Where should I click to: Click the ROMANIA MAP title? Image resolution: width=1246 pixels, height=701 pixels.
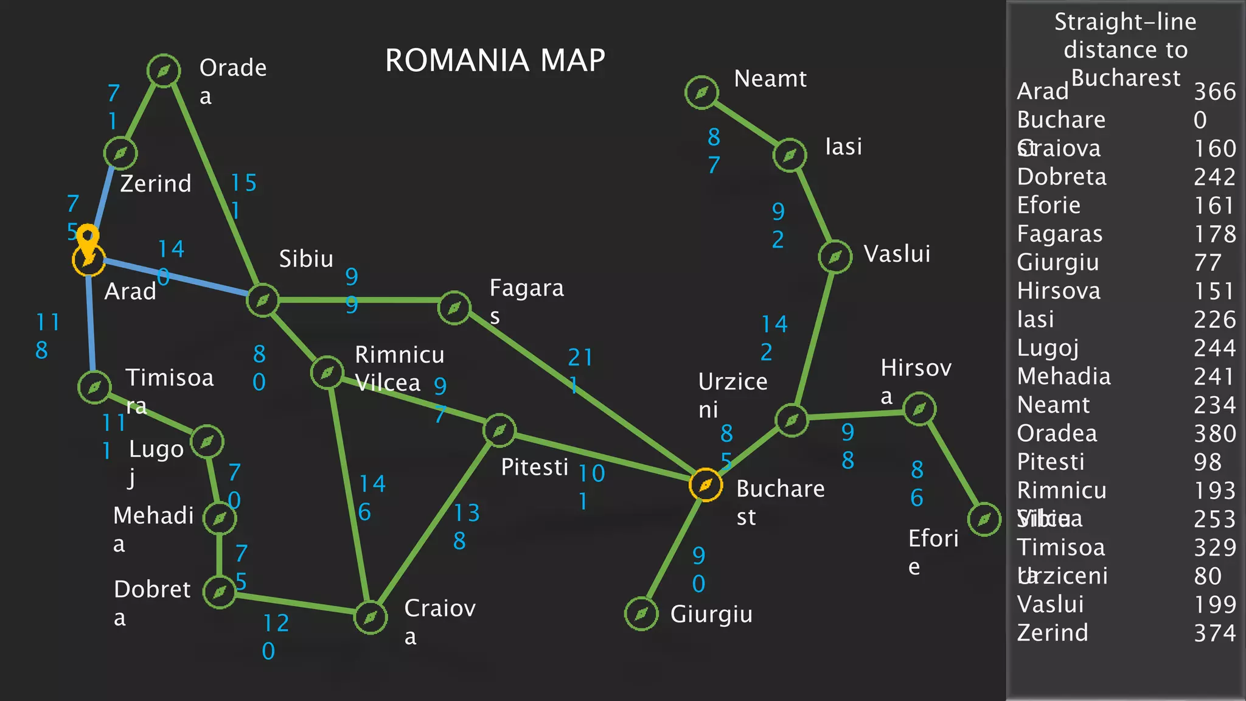click(495, 60)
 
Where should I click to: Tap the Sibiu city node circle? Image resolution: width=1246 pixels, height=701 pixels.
click(263, 300)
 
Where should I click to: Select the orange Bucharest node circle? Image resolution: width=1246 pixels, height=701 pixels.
click(706, 485)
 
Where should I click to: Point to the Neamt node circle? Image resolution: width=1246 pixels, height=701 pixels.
click(701, 92)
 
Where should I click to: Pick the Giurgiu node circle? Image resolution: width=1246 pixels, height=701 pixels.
click(641, 614)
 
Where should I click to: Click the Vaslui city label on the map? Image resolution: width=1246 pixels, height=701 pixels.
click(897, 254)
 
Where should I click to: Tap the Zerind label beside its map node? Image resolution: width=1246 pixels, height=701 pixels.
click(156, 183)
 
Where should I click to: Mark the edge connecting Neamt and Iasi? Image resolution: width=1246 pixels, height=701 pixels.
click(746, 124)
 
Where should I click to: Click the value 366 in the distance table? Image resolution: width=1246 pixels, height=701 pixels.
click(1214, 91)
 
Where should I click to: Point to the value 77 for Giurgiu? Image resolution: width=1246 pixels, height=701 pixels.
click(1207, 262)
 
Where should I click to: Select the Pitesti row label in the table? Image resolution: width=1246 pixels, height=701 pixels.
click(1051, 462)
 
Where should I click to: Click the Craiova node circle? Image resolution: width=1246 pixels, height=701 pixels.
click(371, 618)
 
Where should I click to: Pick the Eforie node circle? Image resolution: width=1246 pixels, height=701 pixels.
click(984, 519)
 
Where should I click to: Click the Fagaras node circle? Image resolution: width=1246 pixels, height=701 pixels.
click(454, 308)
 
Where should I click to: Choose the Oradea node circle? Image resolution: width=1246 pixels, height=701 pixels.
click(164, 71)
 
